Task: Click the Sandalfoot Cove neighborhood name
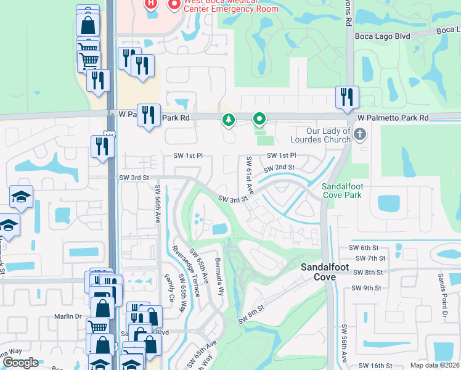click(326, 272)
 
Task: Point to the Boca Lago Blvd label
click(382, 36)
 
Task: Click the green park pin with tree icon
click(229, 119)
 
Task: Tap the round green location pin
click(260, 118)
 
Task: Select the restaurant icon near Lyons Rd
click(347, 97)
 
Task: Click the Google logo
click(20, 363)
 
